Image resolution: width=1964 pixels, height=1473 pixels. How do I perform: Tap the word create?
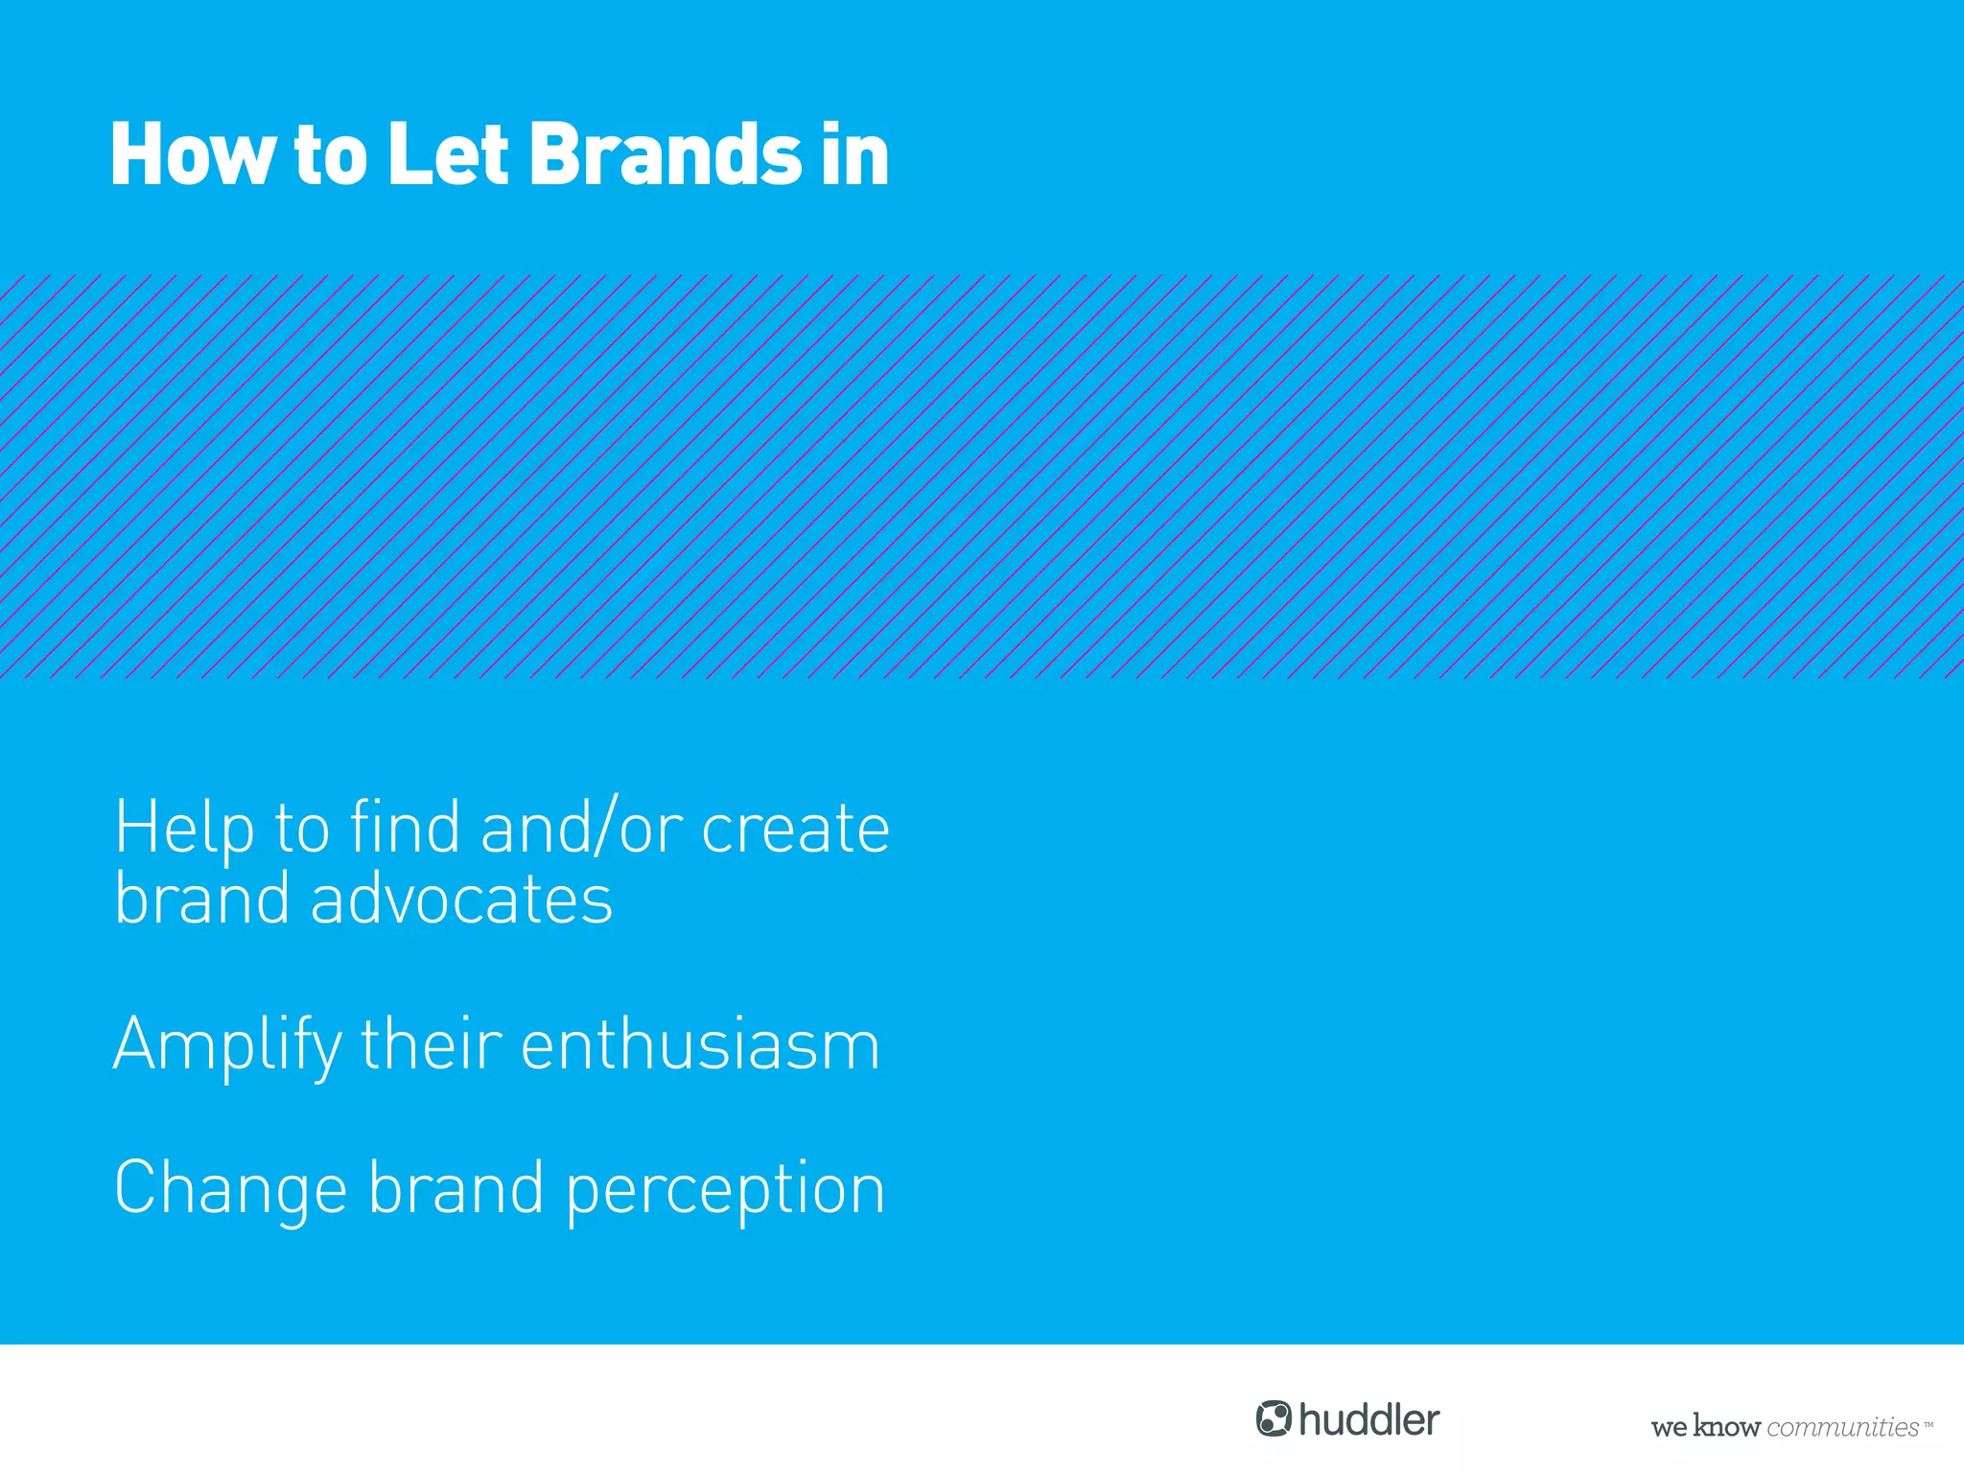click(795, 829)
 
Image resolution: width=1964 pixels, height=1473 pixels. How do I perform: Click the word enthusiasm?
click(700, 1045)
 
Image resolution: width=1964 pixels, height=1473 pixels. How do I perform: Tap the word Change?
click(230, 1189)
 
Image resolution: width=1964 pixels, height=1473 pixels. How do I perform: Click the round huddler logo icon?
click(1274, 1418)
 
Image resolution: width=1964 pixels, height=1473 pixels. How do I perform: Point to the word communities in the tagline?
click(1842, 1427)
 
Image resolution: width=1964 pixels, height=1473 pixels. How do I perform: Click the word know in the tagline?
click(1726, 1427)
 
